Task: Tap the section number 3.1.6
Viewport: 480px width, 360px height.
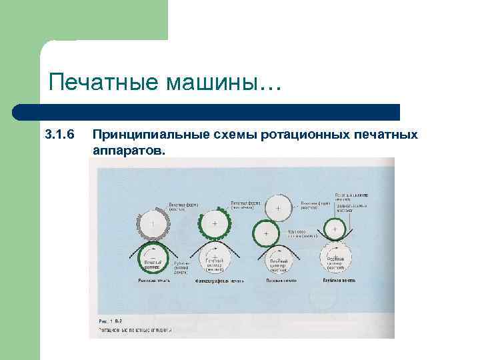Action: pyautogui.click(x=58, y=135)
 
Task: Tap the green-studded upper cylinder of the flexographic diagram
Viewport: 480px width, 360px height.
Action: pyautogui.click(x=215, y=223)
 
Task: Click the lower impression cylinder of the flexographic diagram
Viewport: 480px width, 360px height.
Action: pyautogui.click(x=215, y=257)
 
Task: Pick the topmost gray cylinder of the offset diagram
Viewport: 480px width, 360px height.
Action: pyautogui.click(x=277, y=207)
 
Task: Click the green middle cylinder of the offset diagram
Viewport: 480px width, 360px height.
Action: pyautogui.click(x=266, y=234)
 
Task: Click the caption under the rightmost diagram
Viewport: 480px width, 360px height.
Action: pyautogui.click(x=335, y=282)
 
